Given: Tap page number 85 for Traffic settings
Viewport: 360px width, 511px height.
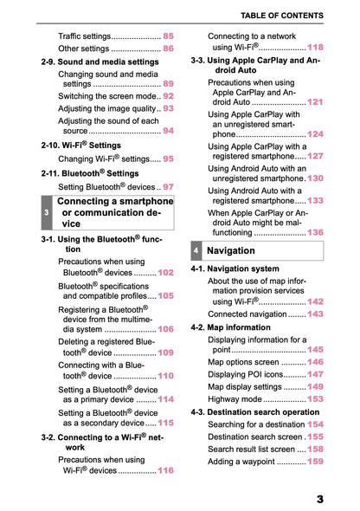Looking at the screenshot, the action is [168, 36].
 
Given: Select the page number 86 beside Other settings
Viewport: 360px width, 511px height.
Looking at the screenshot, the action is [168, 49].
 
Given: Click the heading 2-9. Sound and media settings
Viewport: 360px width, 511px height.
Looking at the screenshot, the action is [100, 62].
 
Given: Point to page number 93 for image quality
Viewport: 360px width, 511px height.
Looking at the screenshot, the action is [168, 109].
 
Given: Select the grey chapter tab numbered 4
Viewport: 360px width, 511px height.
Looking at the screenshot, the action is [197, 250].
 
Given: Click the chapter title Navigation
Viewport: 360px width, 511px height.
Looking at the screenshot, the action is [231, 250].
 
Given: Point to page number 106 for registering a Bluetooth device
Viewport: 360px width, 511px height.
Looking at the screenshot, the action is [165, 329].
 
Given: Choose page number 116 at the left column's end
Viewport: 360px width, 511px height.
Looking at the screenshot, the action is [165, 470].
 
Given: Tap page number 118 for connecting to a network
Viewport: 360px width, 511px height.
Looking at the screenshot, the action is [315, 48].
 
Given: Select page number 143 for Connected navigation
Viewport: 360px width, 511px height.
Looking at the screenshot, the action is [315, 314].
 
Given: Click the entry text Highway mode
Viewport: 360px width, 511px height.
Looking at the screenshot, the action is [235, 399].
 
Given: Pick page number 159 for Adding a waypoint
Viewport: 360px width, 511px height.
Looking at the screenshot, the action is [315, 462].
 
